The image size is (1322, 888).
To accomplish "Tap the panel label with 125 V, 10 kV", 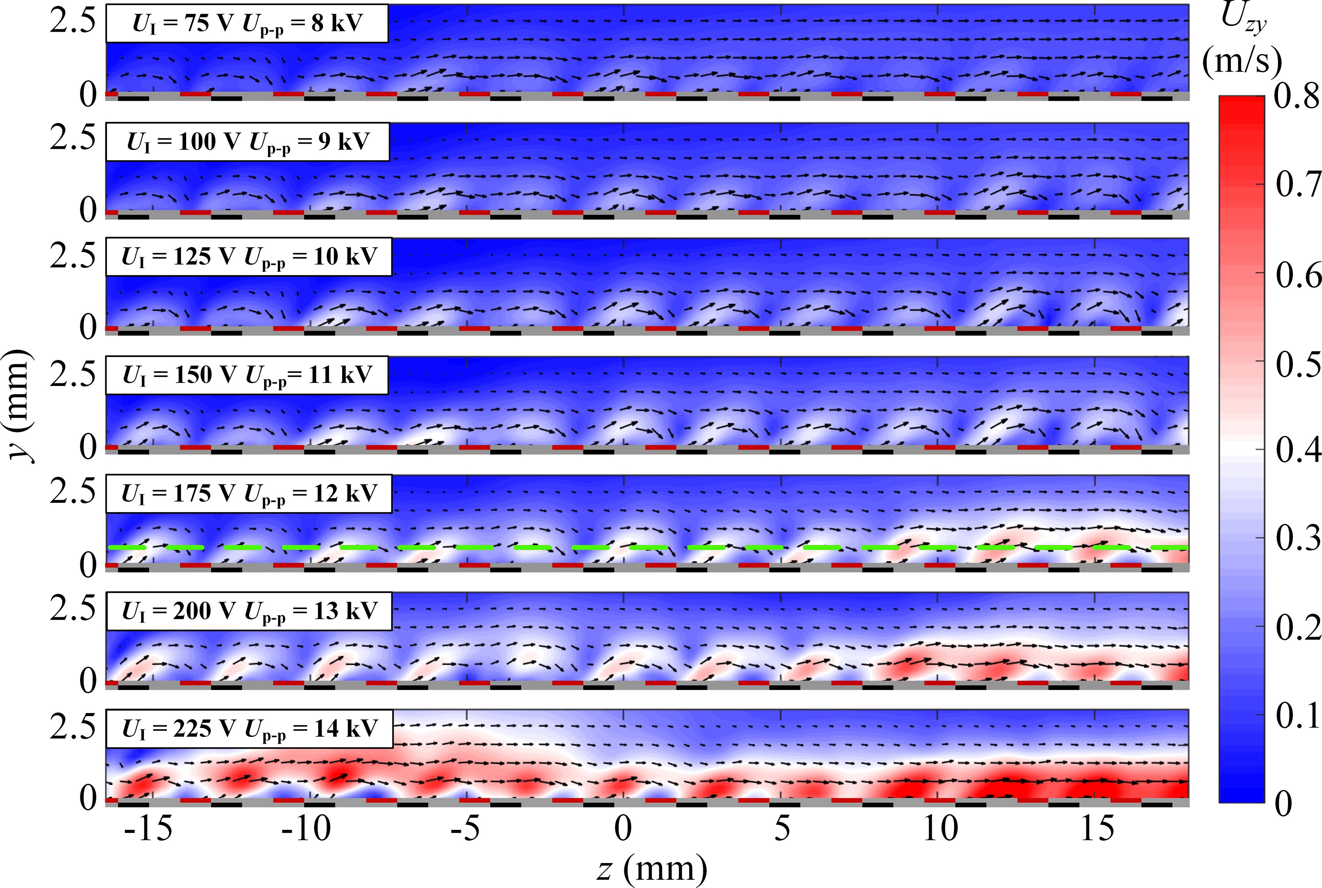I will tap(249, 257).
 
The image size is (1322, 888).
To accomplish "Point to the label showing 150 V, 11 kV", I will tap(247, 375).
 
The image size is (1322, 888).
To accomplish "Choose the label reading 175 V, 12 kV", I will tap(249, 493).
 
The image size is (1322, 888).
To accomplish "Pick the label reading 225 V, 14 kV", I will tap(249, 728).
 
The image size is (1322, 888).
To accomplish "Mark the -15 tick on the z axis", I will tap(149, 829).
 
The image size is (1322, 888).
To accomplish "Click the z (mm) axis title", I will tap(651, 869).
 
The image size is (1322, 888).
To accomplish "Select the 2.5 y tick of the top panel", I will tap(72, 22).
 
